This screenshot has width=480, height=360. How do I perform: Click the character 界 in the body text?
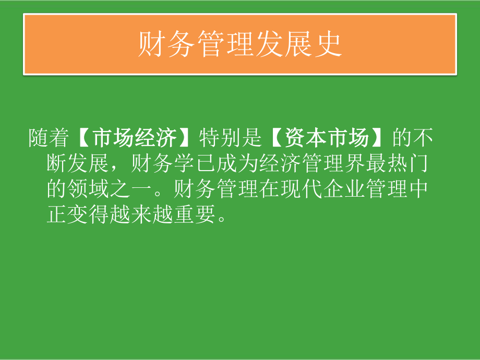coord(341,164)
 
